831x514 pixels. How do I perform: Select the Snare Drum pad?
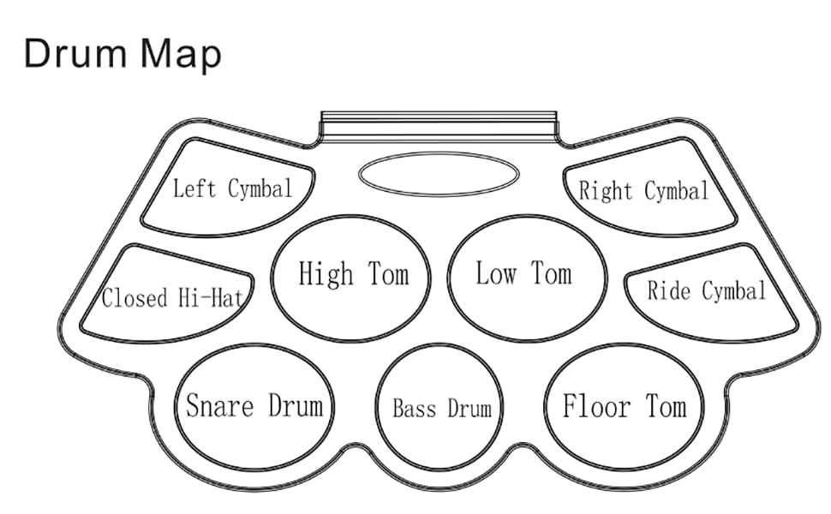click(x=254, y=404)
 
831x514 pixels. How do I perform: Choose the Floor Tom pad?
click(x=624, y=405)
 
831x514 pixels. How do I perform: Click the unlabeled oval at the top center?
click(x=439, y=174)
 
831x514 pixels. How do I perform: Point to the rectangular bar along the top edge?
click(x=439, y=126)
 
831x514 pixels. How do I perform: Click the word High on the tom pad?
click(x=326, y=275)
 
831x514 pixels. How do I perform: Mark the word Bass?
click(x=415, y=408)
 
